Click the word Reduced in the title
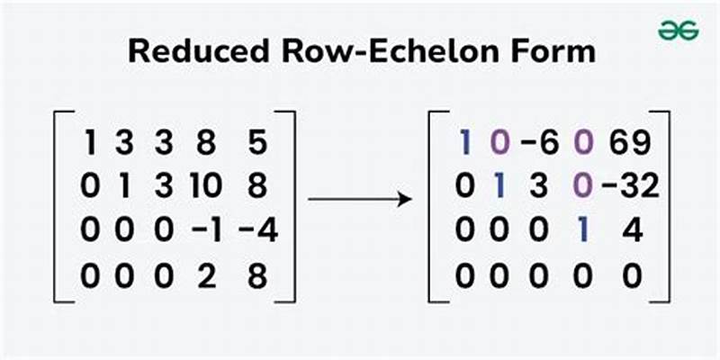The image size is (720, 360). click(189, 50)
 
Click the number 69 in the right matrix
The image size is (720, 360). click(630, 142)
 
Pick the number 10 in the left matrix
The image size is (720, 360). click(209, 187)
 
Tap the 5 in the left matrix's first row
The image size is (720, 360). click(257, 142)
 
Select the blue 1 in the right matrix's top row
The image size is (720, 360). click(465, 142)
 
